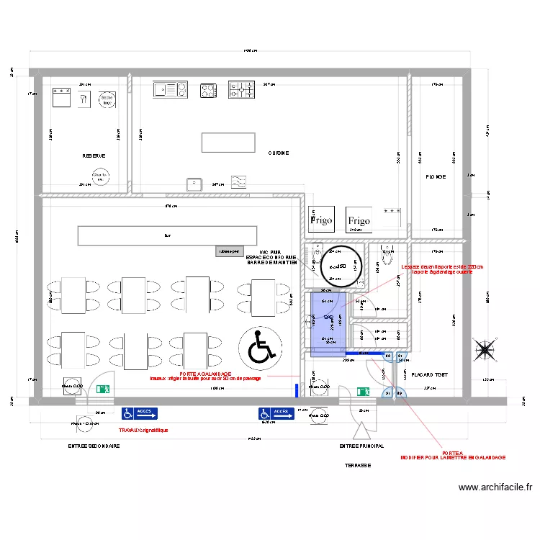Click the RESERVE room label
(x=94, y=156)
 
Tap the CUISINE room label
(x=279, y=153)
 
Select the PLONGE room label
(x=436, y=176)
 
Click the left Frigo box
(x=320, y=217)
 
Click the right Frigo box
(x=358, y=218)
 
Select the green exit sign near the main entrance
(x=364, y=391)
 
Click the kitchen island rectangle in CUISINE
(x=228, y=143)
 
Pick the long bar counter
(x=167, y=235)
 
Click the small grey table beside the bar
(x=229, y=252)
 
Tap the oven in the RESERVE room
(x=60, y=96)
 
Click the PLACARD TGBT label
(x=430, y=374)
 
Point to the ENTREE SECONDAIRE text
(x=94, y=446)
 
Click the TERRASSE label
(x=357, y=465)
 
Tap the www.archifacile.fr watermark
(x=495, y=487)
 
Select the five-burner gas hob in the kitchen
(x=242, y=90)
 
